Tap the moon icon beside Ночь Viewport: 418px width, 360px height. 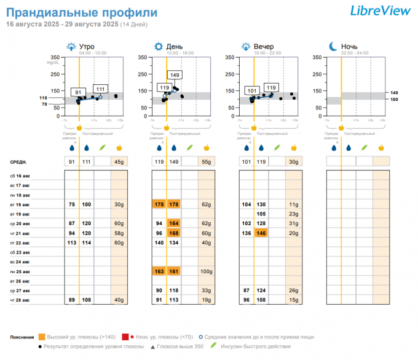coord(333,47)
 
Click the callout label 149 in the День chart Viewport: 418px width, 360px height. coord(175,75)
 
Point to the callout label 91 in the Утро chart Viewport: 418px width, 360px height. coord(78,92)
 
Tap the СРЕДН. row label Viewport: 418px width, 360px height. coord(18,162)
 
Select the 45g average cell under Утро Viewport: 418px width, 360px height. coord(119,162)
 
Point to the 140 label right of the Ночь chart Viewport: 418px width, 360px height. coord(394,92)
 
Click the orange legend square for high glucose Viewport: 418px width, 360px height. coord(42,337)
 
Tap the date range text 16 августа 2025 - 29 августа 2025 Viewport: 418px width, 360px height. coord(62,24)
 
